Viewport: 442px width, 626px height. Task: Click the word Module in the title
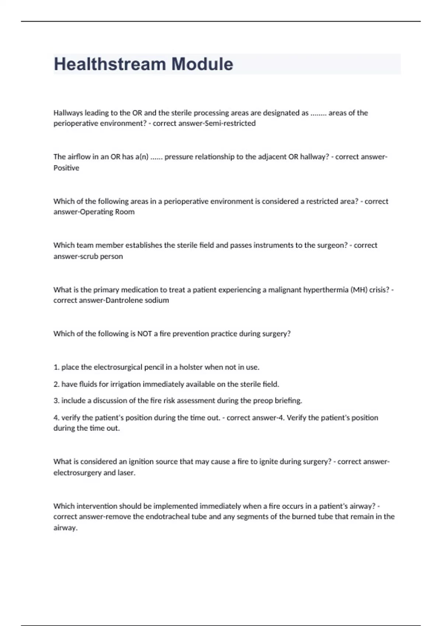click(x=202, y=64)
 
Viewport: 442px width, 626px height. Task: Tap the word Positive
click(x=66, y=168)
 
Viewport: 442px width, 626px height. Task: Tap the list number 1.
click(x=56, y=367)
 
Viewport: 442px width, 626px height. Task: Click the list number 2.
click(x=56, y=384)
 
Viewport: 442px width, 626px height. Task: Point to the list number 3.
click(x=56, y=401)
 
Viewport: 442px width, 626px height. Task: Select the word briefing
click(x=288, y=401)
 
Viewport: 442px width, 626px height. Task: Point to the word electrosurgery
click(x=77, y=473)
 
